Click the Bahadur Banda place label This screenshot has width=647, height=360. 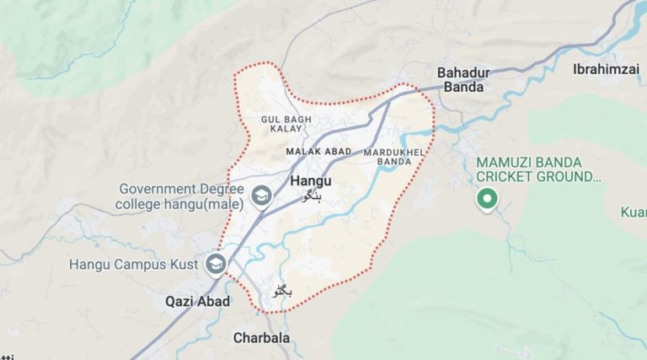(x=461, y=79)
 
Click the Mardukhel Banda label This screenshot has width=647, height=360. (x=388, y=156)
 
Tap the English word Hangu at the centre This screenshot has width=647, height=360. (x=311, y=181)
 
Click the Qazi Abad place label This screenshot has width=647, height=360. (x=197, y=301)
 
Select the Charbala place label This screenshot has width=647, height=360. (x=261, y=338)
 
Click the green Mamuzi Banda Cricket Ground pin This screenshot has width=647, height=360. (x=486, y=201)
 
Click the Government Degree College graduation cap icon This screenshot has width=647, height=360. (x=261, y=196)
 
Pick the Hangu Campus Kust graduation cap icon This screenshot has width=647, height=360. (x=217, y=265)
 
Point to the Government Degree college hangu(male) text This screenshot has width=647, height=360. (x=180, y=196)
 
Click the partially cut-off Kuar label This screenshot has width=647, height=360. (x=633, y=212)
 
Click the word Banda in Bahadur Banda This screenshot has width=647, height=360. (x=461, y=87)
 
